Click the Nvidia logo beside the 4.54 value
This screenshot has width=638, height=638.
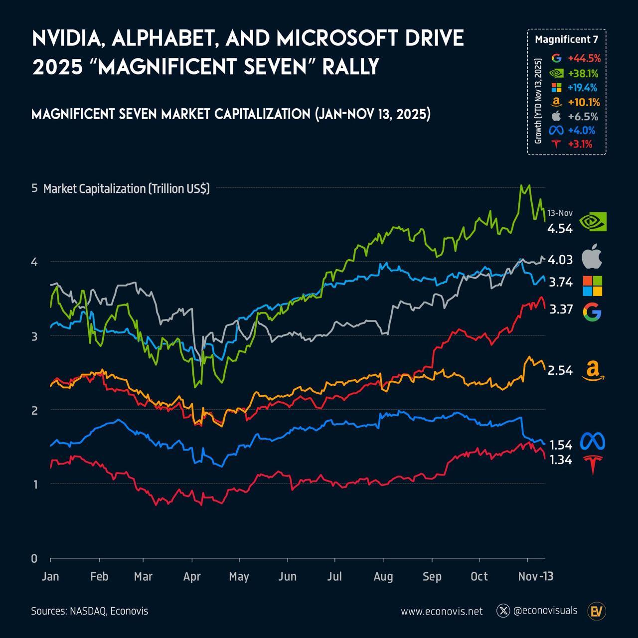(593, 221)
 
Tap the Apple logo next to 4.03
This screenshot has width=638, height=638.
(592, 257)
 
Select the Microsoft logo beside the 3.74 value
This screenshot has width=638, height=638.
(592, 286)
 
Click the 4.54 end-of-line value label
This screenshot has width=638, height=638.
(560, 229)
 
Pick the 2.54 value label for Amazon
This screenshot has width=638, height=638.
(560, 371)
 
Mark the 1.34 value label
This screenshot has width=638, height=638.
(560, 460)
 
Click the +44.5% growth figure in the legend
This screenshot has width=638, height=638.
(584, 58)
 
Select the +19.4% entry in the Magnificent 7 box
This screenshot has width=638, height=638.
(582, 88)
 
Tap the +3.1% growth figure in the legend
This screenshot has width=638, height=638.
(580, 145)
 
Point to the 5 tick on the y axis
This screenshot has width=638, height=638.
(34, 188)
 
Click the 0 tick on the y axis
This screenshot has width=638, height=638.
(34, 558)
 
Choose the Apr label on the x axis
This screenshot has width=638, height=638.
(192, 577)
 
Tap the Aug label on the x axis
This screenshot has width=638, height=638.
(383, 577)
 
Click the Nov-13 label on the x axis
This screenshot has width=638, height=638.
(536, 577)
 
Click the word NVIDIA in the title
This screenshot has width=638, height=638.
(68, 39)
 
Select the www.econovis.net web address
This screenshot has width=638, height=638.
(442, 611)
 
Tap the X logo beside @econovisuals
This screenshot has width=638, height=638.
(503, 611)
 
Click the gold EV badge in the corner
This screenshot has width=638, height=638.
(597, 611)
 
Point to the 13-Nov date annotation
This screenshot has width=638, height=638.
(560, 213)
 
